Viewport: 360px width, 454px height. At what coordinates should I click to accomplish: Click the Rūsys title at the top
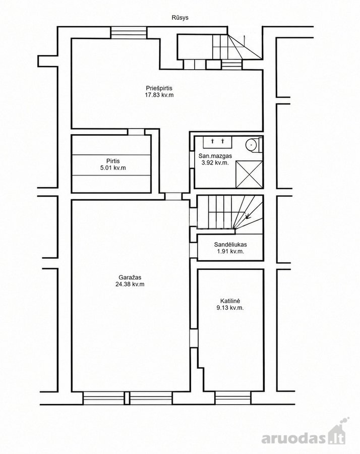coord(180,18)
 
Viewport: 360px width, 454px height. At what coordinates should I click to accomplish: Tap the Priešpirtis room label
coord(159,88)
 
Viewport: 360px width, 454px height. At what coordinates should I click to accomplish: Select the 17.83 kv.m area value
coord(159,95)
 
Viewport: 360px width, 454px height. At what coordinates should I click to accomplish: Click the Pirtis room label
coord(113,161)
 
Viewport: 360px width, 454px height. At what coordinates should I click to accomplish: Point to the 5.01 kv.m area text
coord(113,167)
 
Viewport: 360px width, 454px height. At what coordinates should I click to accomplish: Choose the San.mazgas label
coord(215,156)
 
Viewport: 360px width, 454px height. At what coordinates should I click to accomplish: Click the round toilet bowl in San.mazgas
coord(252,144)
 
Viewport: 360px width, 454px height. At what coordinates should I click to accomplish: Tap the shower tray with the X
coord(249,175)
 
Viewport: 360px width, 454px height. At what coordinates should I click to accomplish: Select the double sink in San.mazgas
coord(217,142)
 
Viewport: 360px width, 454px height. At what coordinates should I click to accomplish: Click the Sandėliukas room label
coord(230,245)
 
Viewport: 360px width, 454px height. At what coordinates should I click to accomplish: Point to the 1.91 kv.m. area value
coord(230,251)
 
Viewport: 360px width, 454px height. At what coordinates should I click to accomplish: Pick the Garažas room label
coord(130,277)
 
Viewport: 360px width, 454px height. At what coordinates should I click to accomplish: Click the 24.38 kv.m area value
coord(130,284)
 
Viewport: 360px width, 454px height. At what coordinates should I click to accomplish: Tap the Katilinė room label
coord(230,301)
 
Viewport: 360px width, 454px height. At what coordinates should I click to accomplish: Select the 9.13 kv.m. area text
coord(230,308)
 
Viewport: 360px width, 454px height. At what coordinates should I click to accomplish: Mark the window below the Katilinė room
coord(232,398)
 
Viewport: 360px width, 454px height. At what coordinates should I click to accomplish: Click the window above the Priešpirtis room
coord(129,32)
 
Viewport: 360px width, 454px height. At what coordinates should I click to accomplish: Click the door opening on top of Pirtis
coord(136,132)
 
